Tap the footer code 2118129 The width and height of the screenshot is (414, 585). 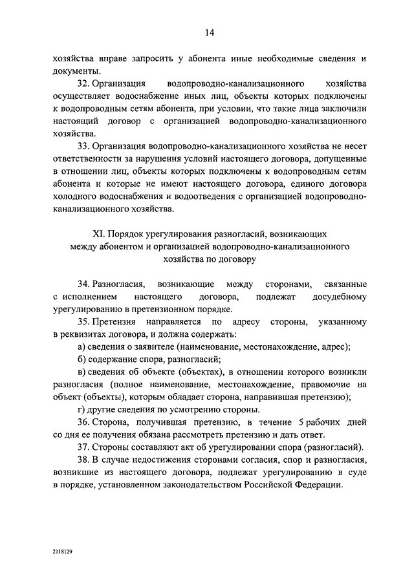(63, 552)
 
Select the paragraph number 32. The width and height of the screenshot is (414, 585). (82, 85)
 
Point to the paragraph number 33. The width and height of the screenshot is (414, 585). (82, 146)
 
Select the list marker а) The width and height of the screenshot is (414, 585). (81, 346)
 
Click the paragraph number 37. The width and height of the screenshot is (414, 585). (82, 447)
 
